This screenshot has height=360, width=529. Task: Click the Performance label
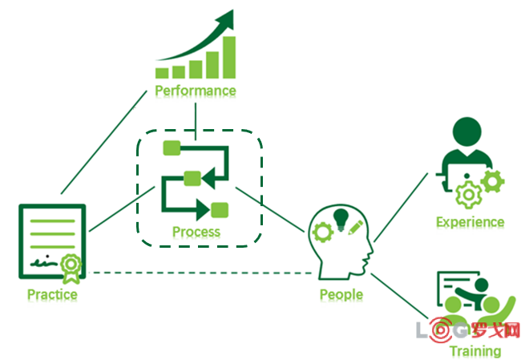pos(196,91)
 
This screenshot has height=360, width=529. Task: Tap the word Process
pos(196,233)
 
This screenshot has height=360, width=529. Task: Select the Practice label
pos(52,294)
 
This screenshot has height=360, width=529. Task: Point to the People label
pos(341,294)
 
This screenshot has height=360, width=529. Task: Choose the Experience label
pos(470,222)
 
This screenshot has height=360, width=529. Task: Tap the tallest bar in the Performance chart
pos(229,56)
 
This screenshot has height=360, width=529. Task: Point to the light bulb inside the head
pos(341,219)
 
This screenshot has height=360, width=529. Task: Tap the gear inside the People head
pos(323,233)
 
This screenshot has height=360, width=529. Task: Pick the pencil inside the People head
pos(356,227)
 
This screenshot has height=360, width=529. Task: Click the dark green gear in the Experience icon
pos(495,180)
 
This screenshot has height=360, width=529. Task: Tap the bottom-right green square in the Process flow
pos(219,210)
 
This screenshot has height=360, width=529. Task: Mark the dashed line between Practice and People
pos(200,273)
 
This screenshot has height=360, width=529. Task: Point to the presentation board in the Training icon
pos(458,285)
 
